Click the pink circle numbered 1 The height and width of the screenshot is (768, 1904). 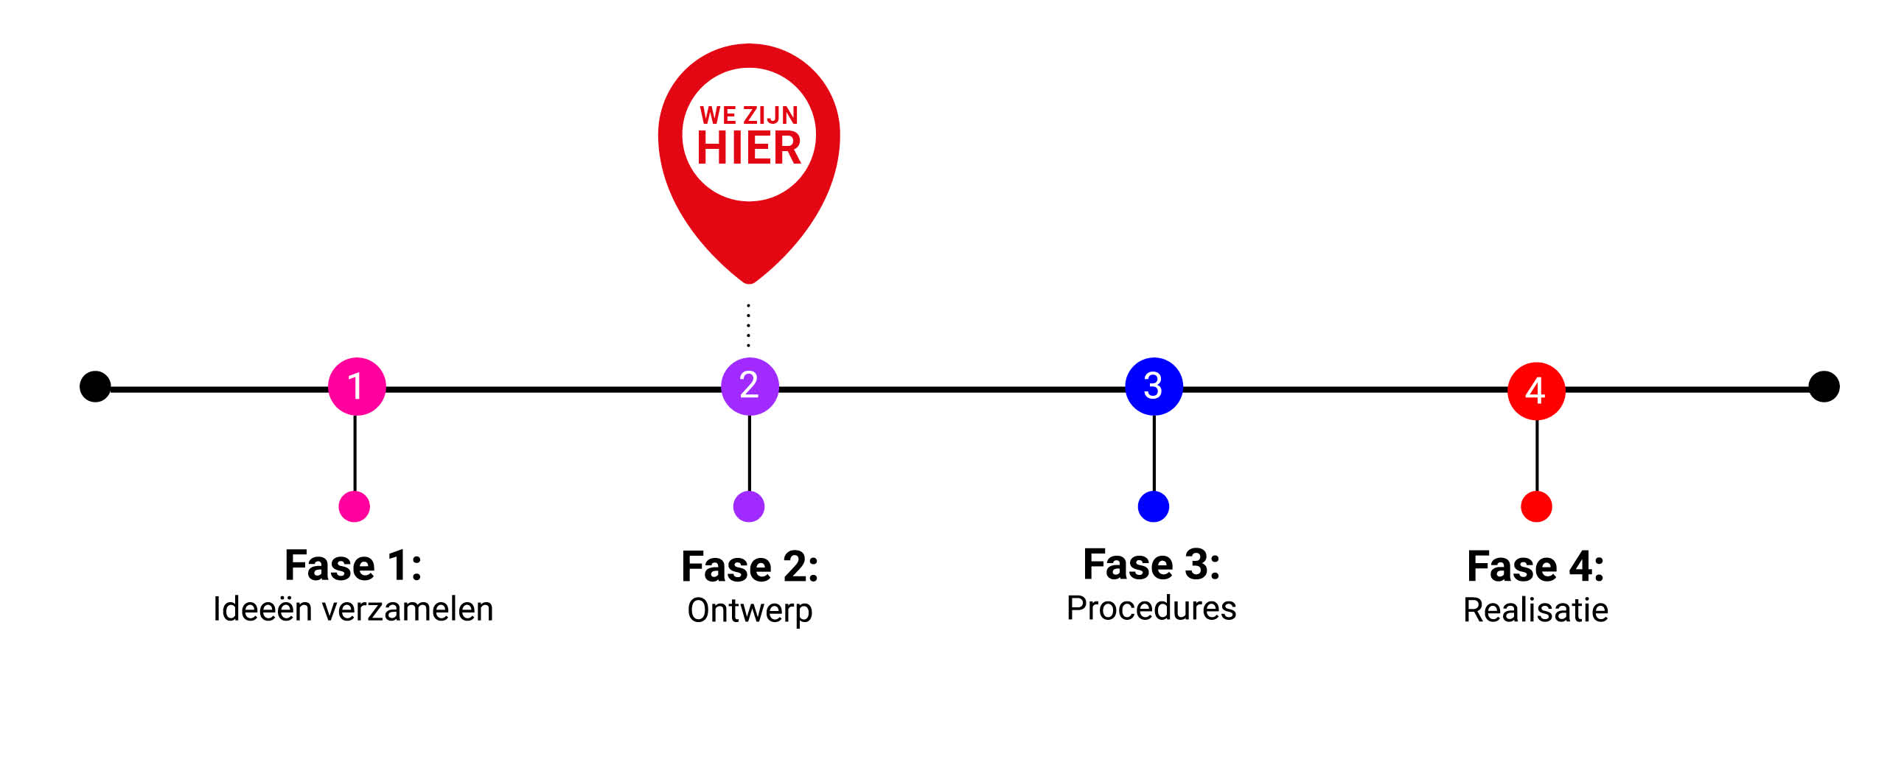(x=356, y=387)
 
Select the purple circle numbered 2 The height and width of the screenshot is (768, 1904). (x=750, y=387)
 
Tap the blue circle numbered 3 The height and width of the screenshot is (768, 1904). (x=1153, y=387)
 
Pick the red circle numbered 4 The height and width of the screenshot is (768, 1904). (x=1536, y=391)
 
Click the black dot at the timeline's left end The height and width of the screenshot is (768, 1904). (x=95, y=387)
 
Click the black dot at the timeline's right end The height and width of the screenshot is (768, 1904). (x=1824, y=387)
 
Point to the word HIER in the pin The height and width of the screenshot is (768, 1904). (x=749, y=149)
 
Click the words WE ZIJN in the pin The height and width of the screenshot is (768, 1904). (x=749, y=115)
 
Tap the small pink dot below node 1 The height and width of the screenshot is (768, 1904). (x=354, y=507)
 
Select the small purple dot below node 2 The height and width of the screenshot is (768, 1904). (x=749, y=507)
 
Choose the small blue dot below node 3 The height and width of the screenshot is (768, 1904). (x=1153, y=507)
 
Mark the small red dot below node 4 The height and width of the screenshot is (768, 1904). (x=1536, y=507)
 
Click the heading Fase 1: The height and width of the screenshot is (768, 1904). (x=353, y=566)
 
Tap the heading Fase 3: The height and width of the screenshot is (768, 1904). (x=1151, y=565)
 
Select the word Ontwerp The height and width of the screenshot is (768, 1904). (x=750, y=611)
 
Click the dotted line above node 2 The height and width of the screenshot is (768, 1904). (x=749, y=325)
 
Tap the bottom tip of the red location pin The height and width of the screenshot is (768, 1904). (x=749, y=279)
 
